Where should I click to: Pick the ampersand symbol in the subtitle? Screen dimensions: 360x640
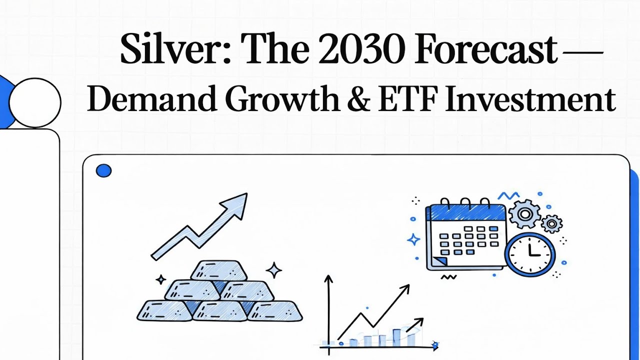coord(357,98)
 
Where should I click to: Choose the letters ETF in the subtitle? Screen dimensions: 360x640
coord(407,98)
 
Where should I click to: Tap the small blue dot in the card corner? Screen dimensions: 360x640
coord(103,171)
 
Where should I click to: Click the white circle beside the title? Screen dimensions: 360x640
coord(35,102)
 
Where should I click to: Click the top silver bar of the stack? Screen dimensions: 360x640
coord(219,270)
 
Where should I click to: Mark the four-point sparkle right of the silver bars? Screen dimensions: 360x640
coord(273,270)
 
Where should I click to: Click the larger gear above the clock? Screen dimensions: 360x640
coord(524,214)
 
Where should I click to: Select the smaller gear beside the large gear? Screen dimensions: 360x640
coord(551,223)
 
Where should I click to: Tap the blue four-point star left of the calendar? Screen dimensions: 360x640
coord(414,239)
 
